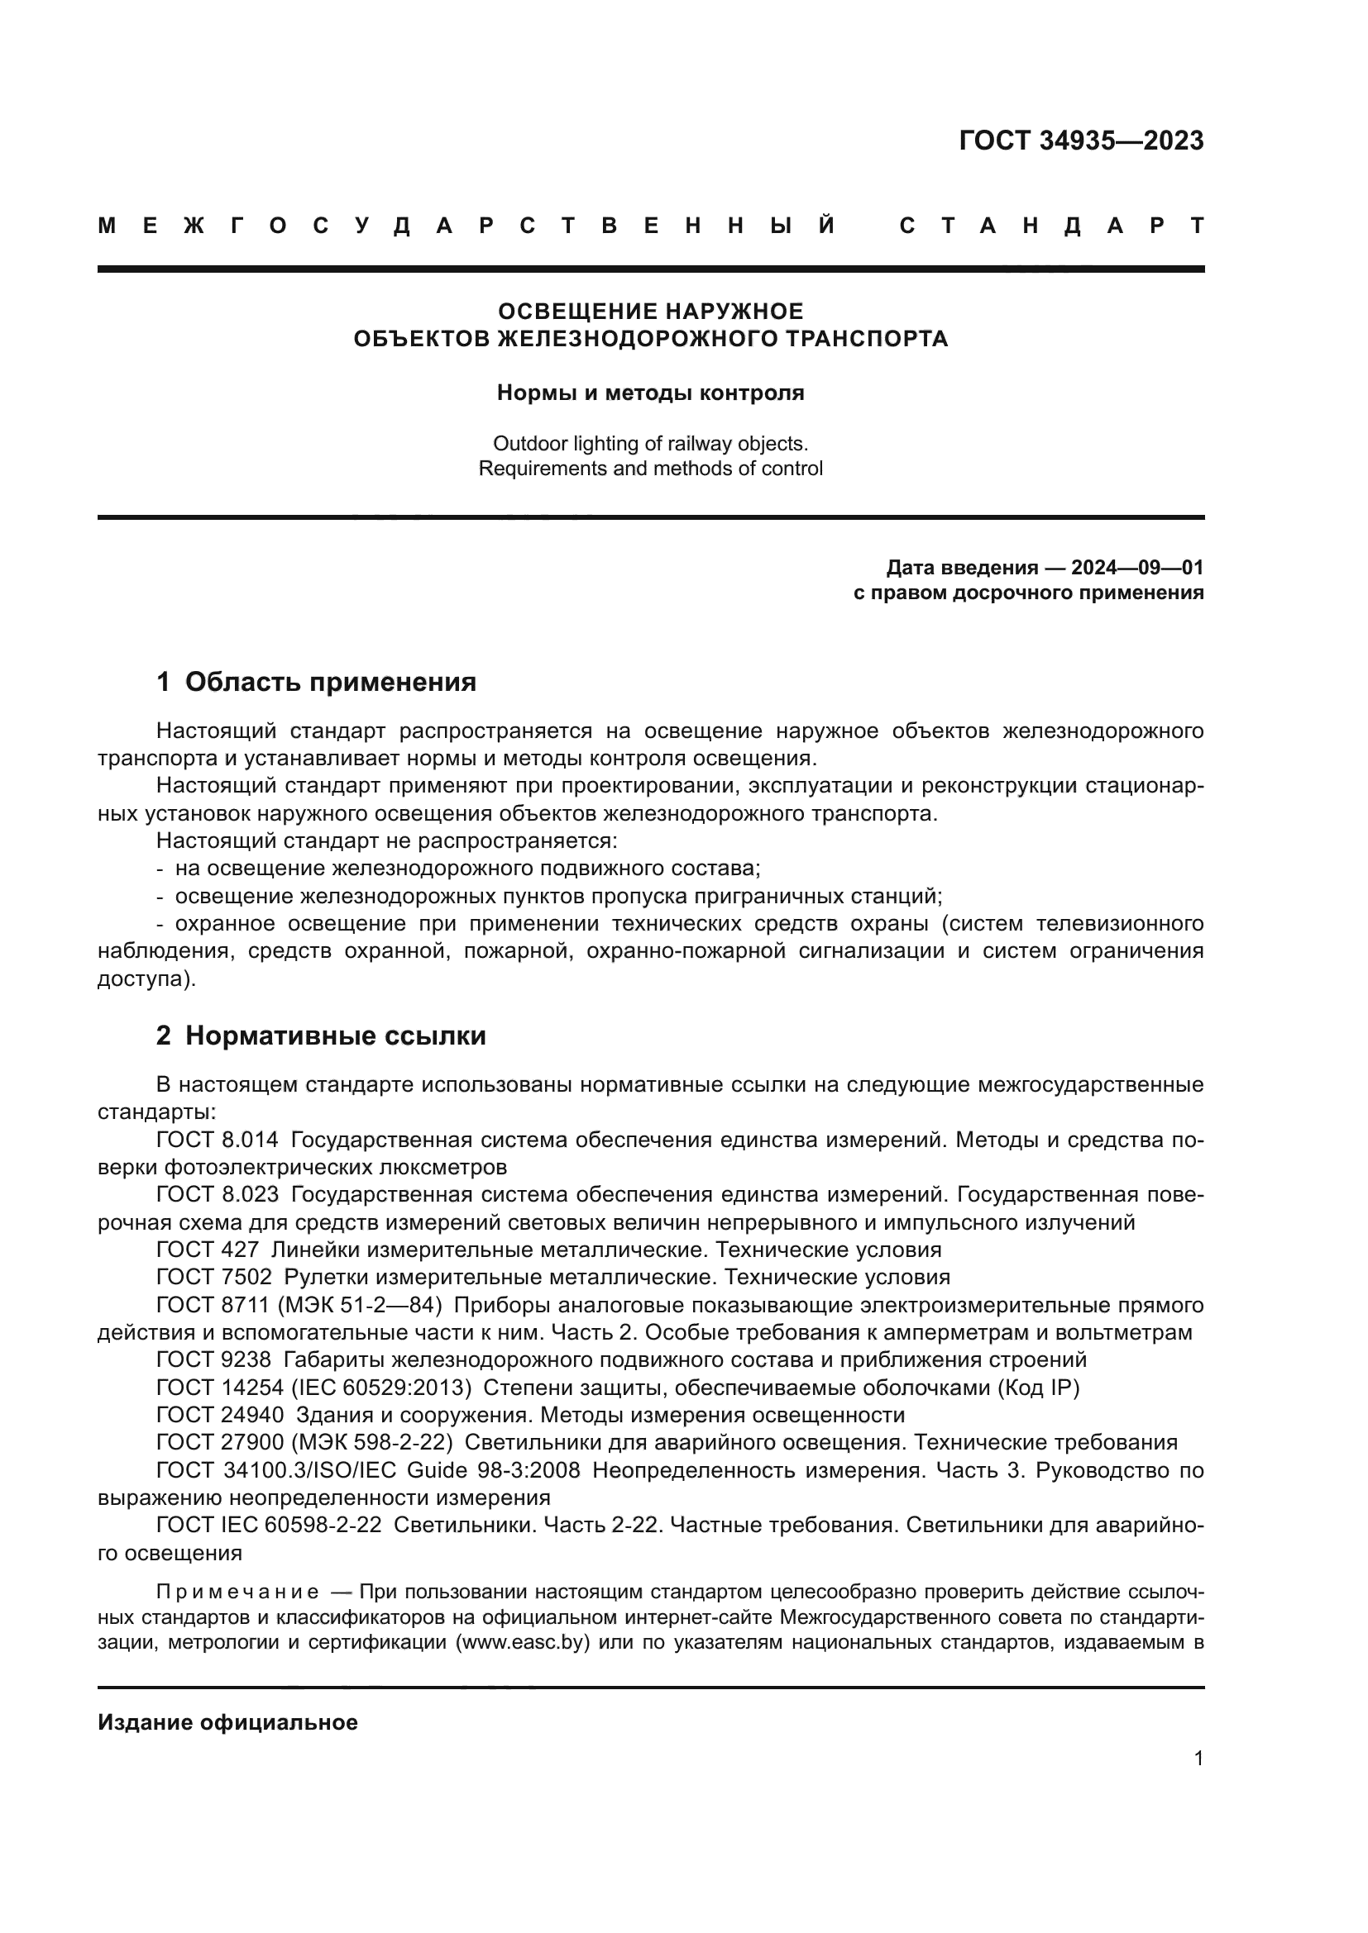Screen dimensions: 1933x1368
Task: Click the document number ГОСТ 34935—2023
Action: click(1081, 140)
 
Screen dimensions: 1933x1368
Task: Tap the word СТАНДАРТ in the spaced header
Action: click(1052, 226)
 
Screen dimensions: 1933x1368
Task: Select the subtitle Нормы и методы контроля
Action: click(650, 393)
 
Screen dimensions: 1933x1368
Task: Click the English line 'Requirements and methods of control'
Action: click(650, 468)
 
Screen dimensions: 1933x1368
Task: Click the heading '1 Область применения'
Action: click(316, 681)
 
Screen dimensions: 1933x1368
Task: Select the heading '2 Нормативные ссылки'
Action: click(321, 1036)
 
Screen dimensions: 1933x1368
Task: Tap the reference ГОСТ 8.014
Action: click(217, 1140)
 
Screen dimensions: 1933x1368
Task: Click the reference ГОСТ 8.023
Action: click(217, 1195)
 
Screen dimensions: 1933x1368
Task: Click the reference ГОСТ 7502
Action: click(214, 1277)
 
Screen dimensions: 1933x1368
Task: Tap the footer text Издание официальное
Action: click(227, 1722)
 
